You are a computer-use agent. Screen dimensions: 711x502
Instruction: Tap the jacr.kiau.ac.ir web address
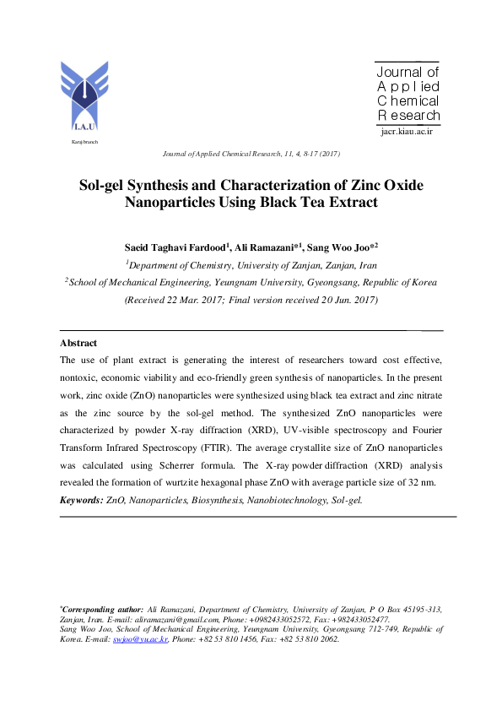[407, 133]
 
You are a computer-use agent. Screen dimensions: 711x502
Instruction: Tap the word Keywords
[80, 500]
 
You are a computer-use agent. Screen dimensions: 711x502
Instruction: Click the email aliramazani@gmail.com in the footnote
[213, 619]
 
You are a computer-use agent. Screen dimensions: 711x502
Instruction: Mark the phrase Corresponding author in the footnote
[102, 609]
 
